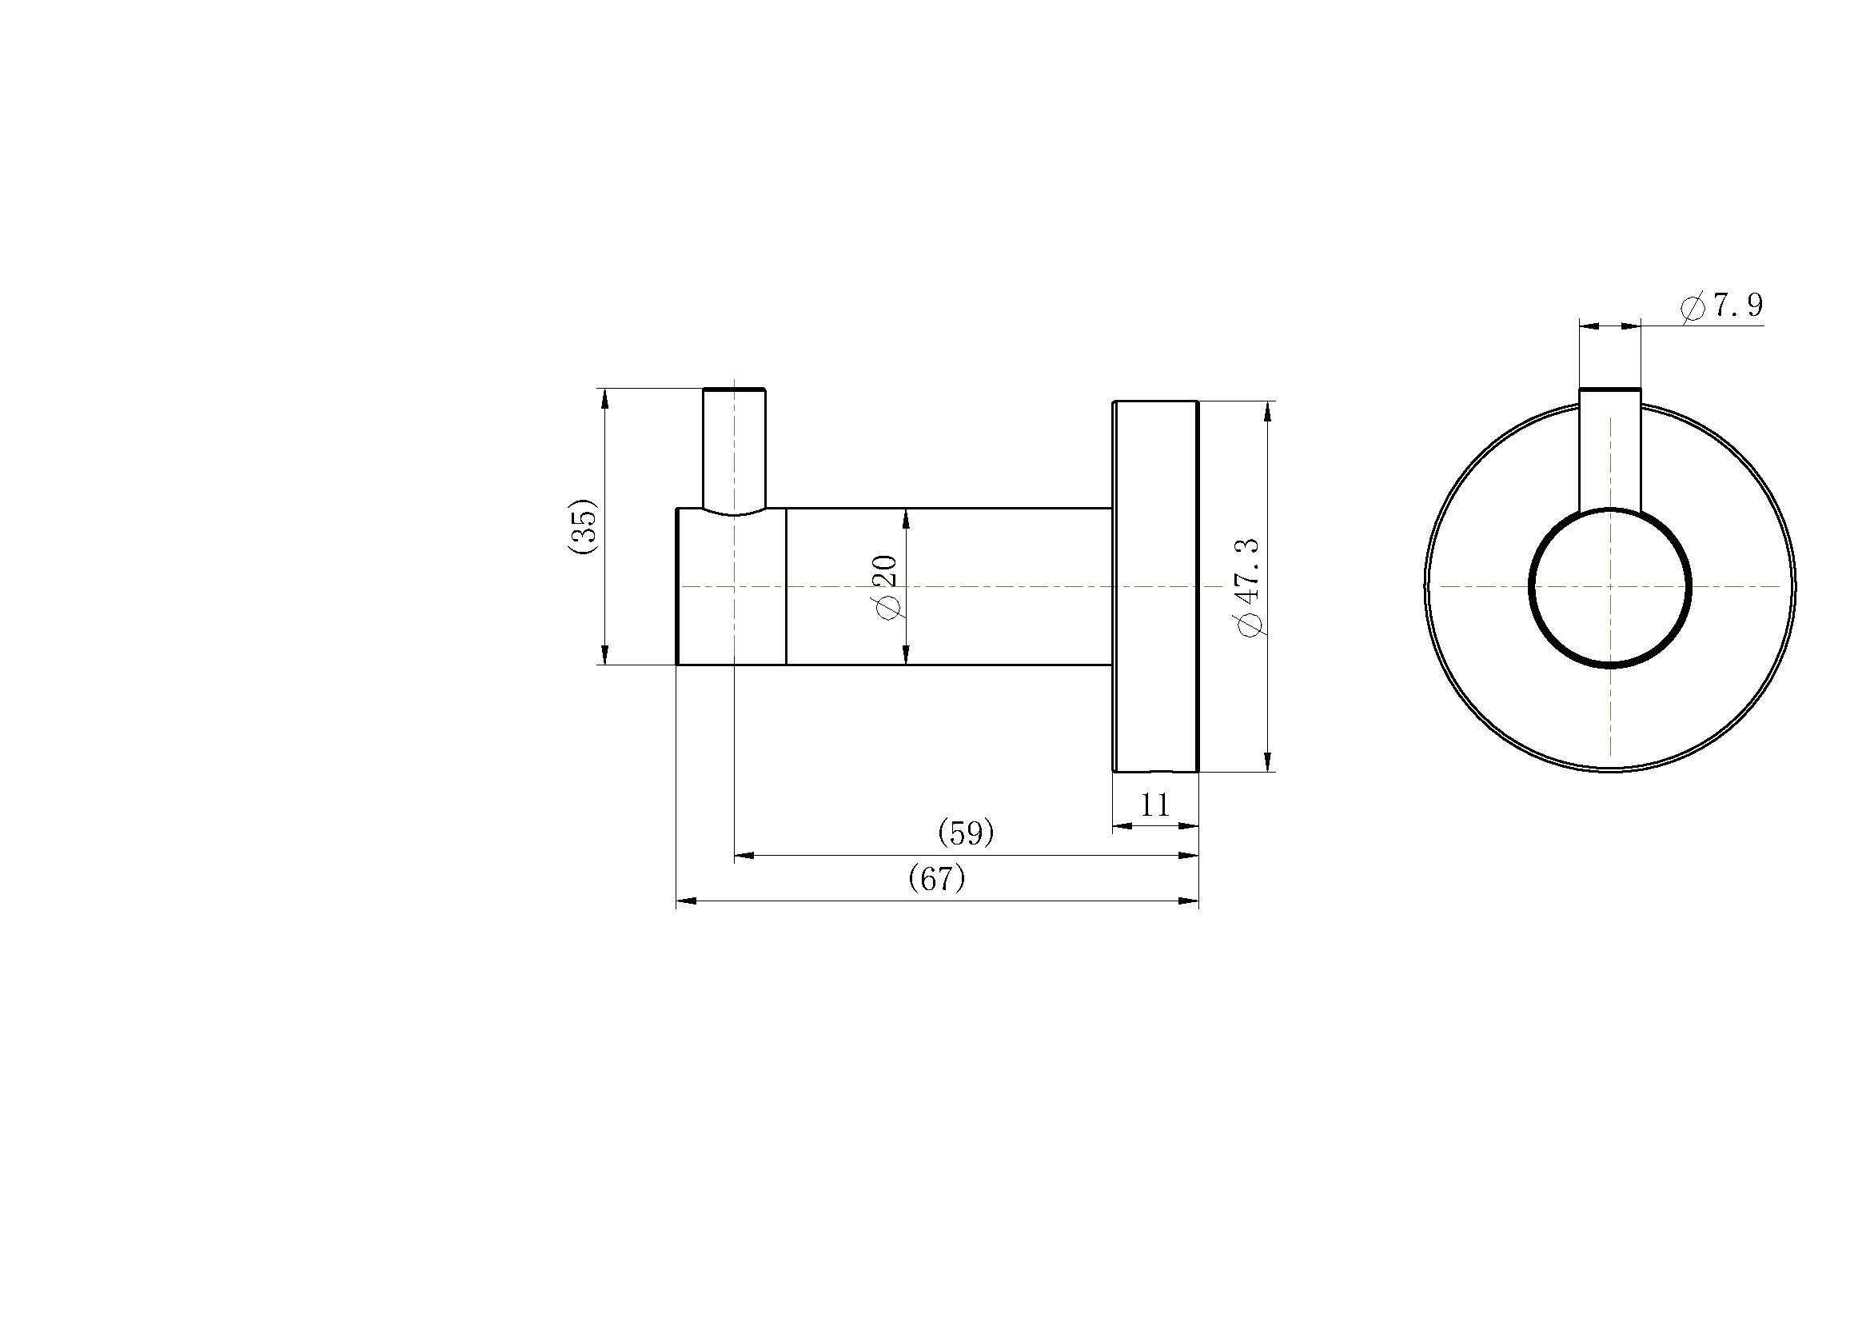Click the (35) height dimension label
tap(583, 526)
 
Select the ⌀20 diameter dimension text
tap(885, 586)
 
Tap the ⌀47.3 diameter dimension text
tap(1249, 586)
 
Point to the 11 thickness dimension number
tap(1155, 805)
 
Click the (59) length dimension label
tap(967, 833)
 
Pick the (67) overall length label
tap(937, 878)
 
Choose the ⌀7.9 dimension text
tap(1722, 306)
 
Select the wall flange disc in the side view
tap(1156, 585)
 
